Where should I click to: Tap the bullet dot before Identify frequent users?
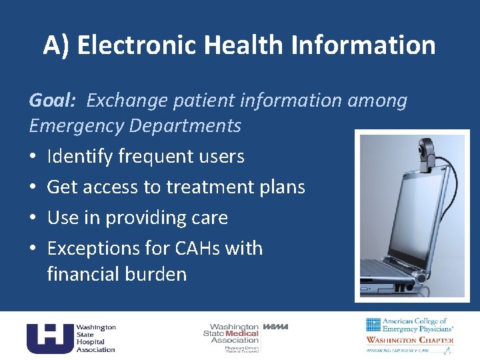(x=33, y=157)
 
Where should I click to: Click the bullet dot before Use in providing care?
(x=33, y=219)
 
